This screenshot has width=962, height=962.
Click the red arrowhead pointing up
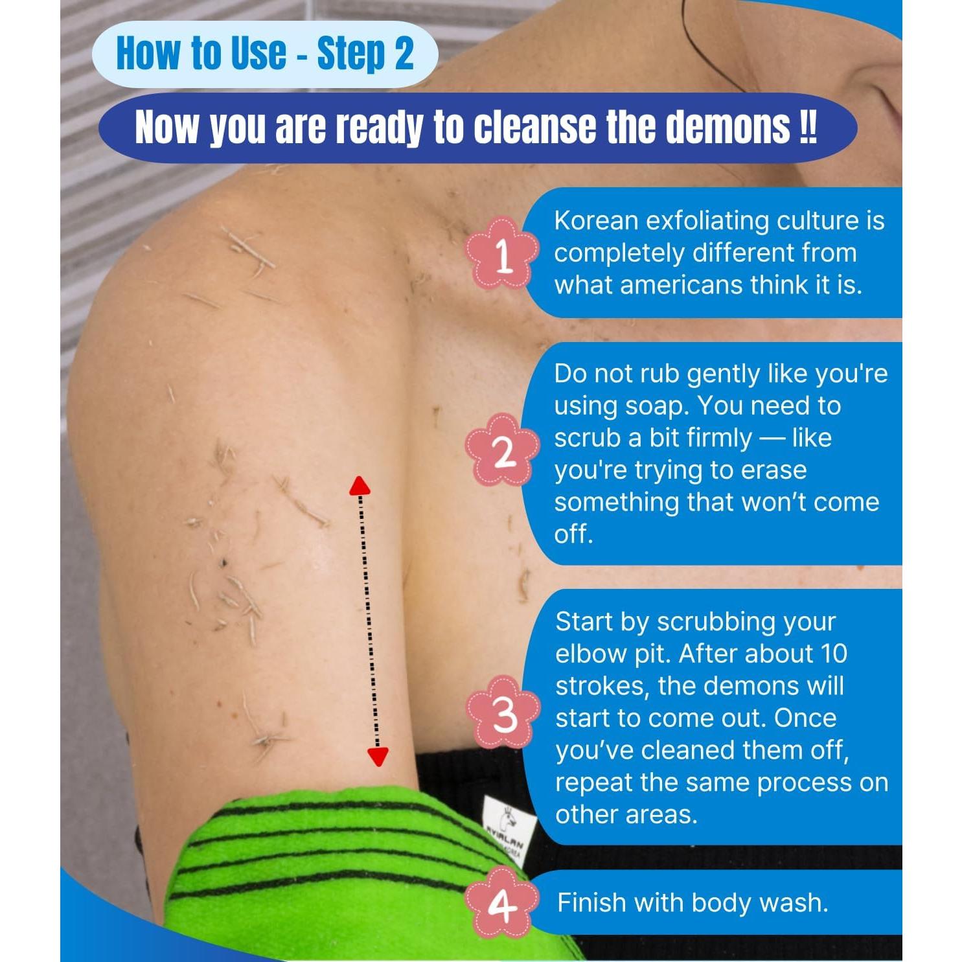[360, 486]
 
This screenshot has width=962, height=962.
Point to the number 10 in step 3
[834, 654]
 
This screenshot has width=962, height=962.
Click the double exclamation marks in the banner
[808, 128]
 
